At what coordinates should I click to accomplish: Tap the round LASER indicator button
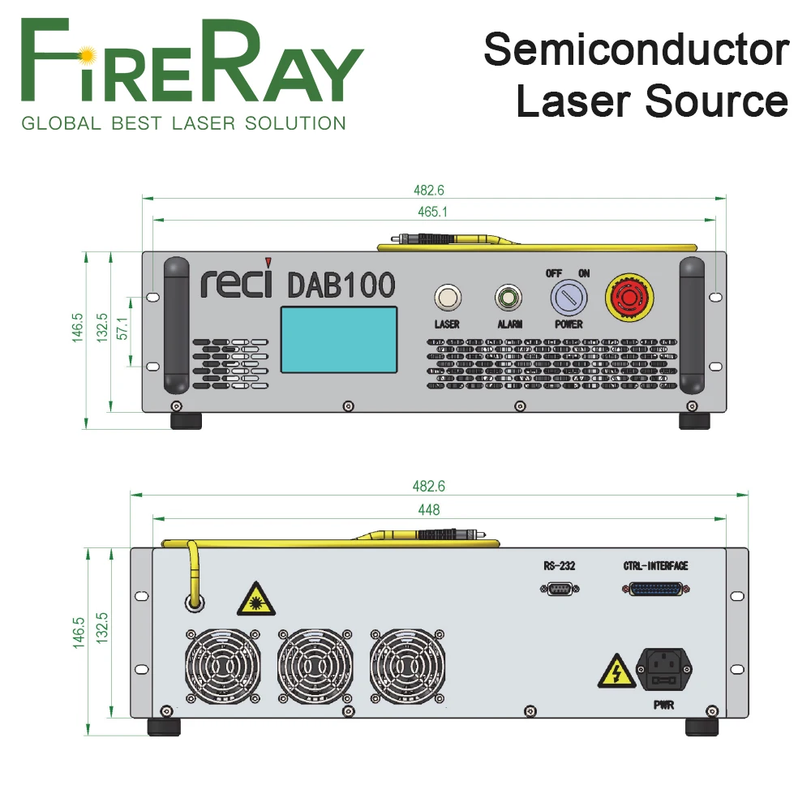(446, 298)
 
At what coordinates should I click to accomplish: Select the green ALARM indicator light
(508, 298)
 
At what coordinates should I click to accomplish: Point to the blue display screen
(339, 340)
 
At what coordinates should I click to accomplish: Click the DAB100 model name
(341, 285)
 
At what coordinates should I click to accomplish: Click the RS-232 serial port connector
(559, 589)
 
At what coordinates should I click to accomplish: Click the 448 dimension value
(428, 509)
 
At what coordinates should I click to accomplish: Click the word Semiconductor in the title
(636, 50)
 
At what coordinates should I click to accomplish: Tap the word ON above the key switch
(584, 273)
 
